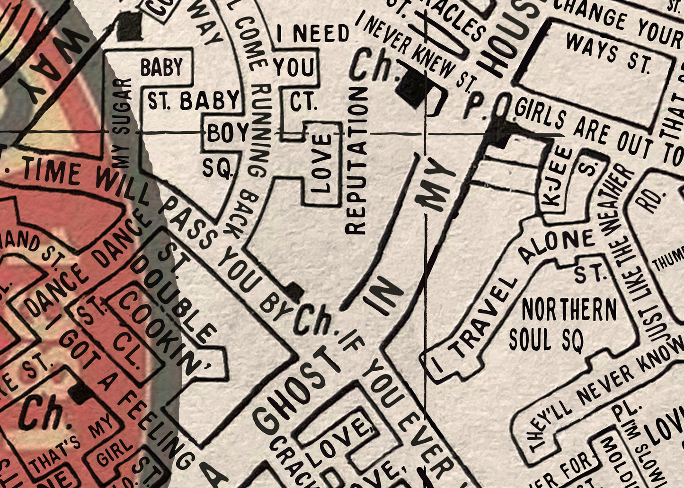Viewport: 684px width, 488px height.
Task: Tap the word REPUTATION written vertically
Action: coord(356,161)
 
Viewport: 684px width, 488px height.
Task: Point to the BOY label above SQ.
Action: coord(227,134)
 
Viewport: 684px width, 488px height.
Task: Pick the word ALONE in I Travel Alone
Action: coord(556,246)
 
